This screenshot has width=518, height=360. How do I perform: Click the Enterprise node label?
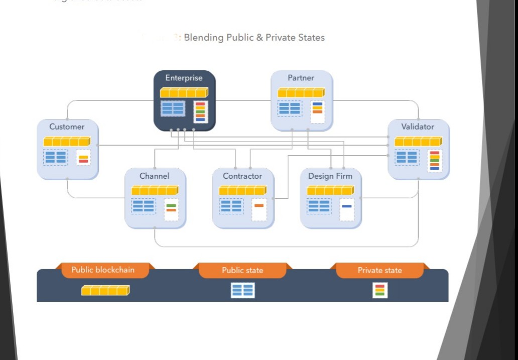(184, 78)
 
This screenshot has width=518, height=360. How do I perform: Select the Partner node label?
(301, 78)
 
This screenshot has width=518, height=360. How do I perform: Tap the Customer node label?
(67, 127)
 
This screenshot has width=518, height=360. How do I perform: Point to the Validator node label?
(418, 127)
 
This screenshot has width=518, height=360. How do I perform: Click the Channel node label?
(155, 176)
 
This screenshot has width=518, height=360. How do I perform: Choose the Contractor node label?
(242, 176)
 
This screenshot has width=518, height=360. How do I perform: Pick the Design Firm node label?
(330, 176)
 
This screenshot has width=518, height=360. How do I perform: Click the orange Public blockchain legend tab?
(103, 270)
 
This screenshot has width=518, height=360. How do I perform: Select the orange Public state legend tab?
(242, 270)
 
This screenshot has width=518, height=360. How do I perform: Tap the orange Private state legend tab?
(380, 270)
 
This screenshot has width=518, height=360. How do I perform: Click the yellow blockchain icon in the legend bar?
(105, 290)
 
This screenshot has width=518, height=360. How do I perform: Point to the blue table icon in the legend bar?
(242, 290)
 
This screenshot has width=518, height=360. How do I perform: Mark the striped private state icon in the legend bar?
(380, 290)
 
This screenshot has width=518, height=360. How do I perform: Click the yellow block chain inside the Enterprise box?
(184, 92)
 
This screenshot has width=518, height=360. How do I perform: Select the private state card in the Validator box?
(435, 160)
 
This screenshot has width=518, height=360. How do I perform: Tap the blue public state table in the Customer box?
(56, 157)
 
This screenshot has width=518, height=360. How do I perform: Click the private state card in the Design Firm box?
(347, 209)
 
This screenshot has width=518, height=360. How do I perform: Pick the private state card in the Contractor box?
(259, 209)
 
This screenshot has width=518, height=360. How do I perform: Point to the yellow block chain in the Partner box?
(301, 92)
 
